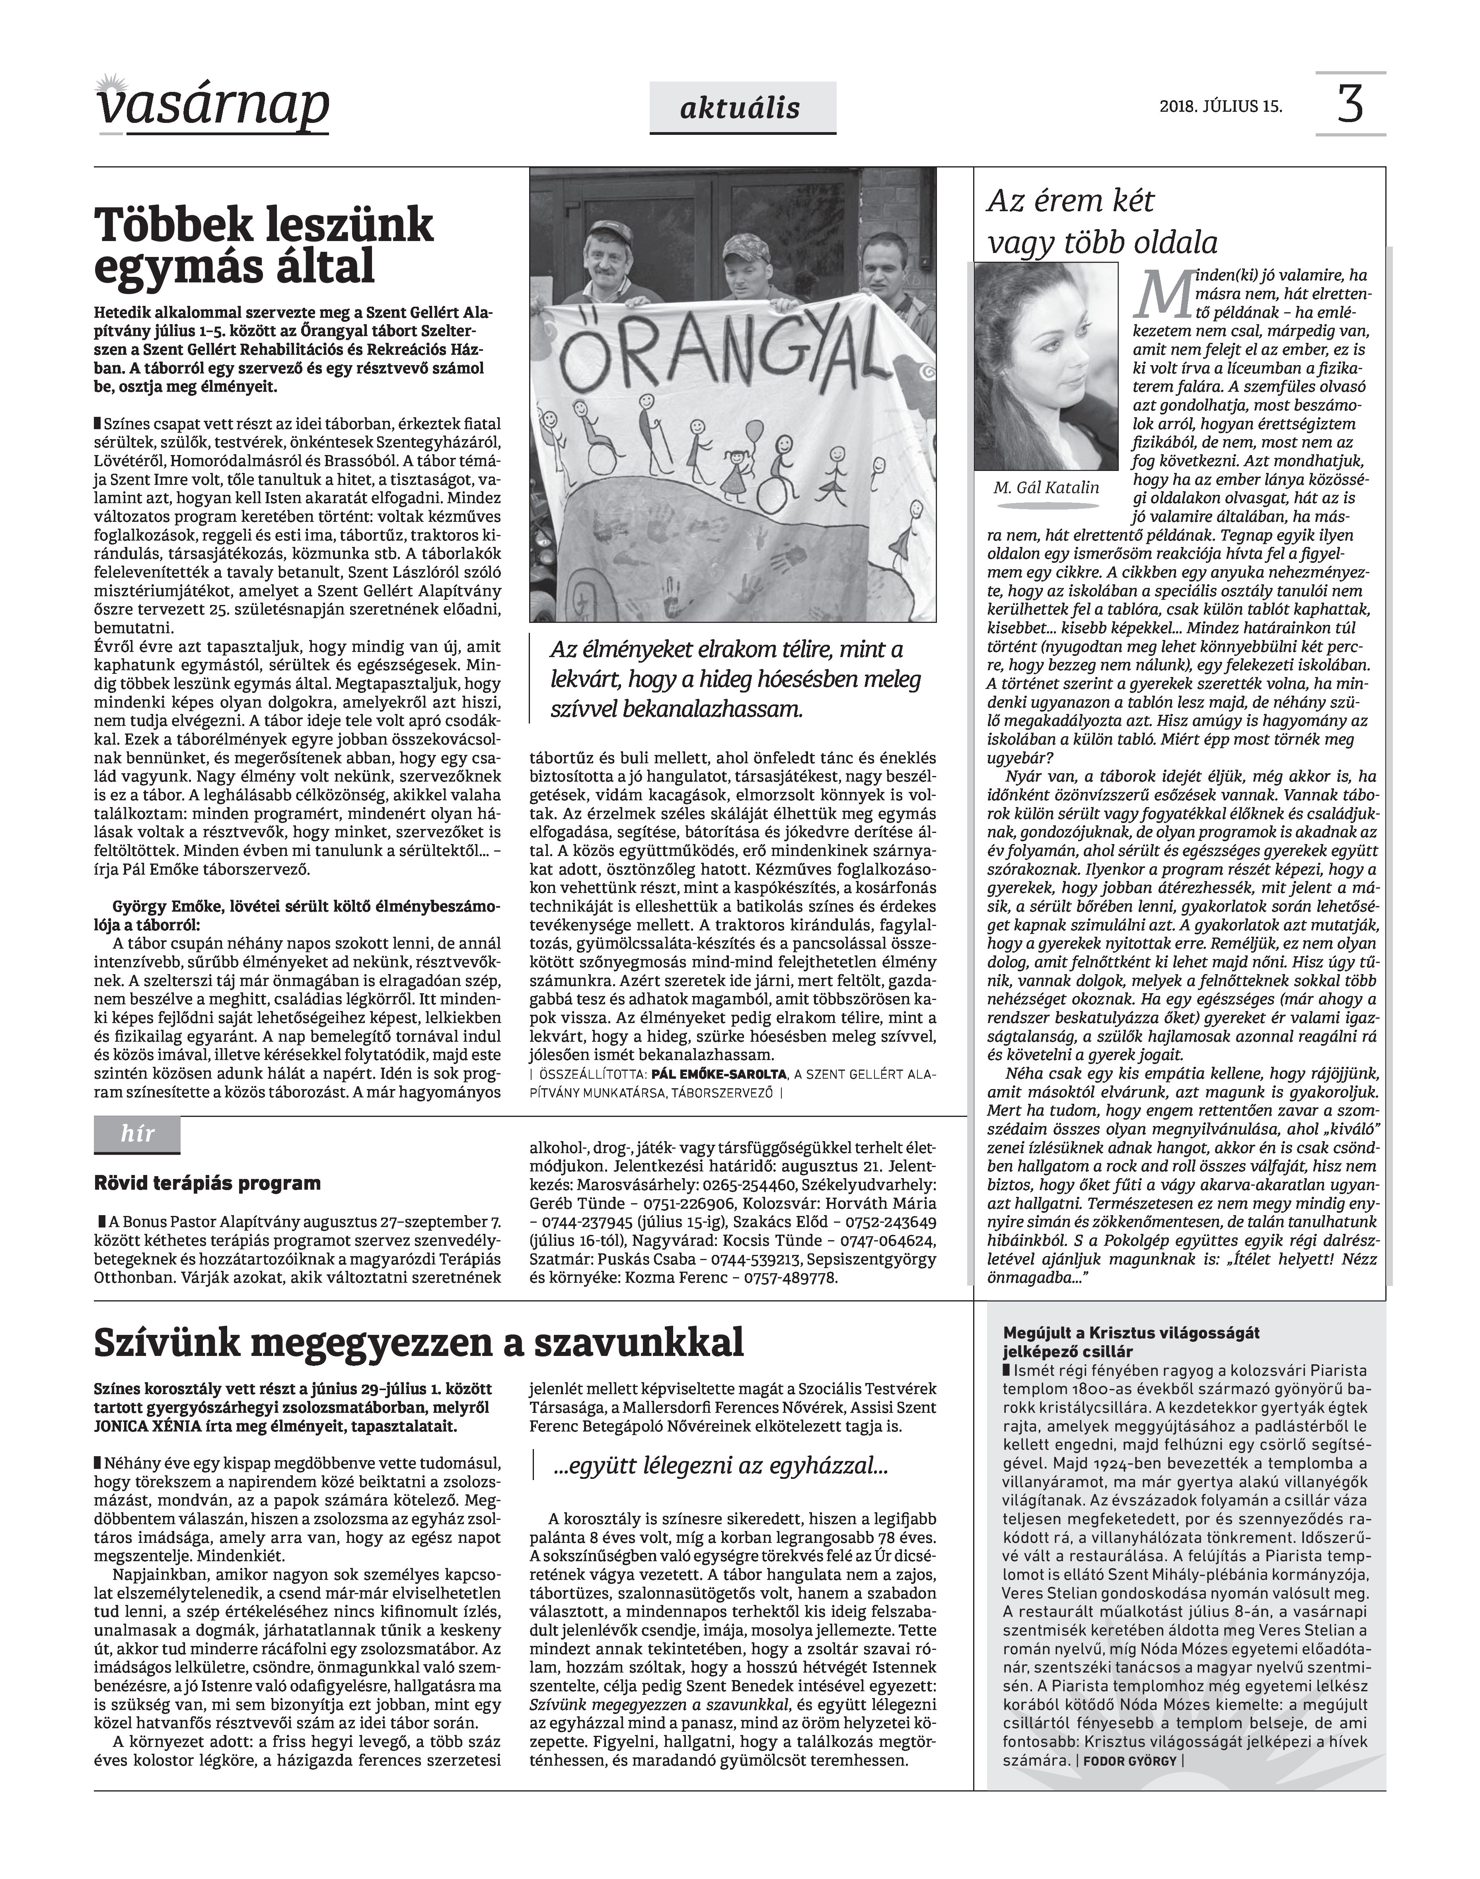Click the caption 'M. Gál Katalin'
1046,488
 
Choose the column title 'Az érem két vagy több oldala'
1102,222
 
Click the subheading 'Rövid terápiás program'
207,1183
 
